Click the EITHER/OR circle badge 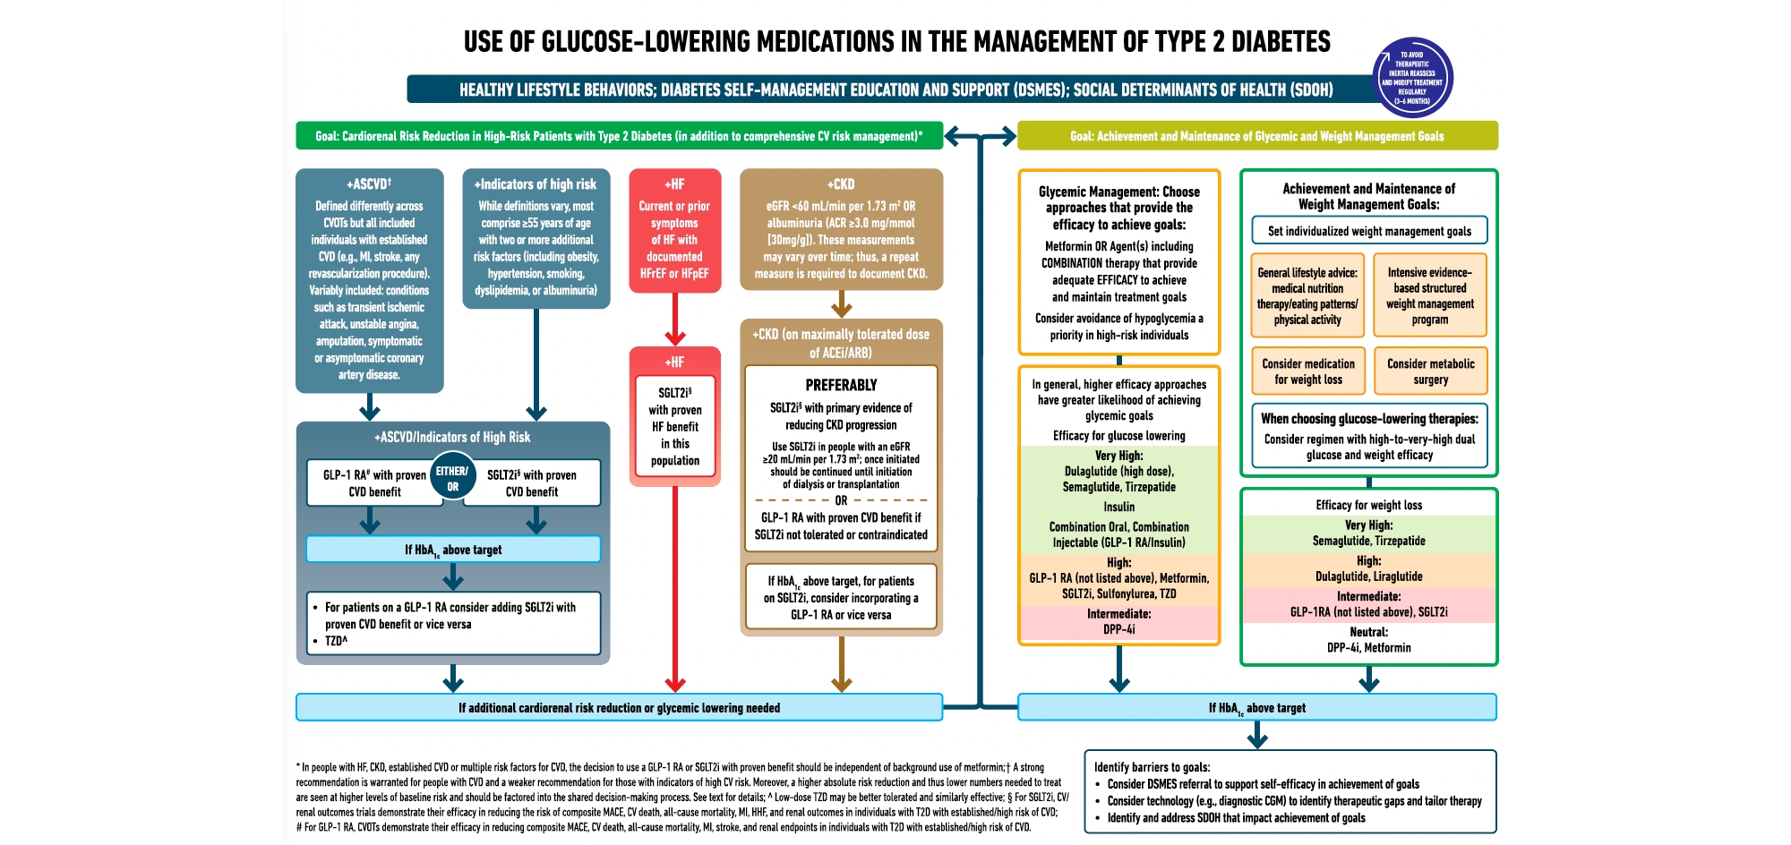452,478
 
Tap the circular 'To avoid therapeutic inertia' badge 1412,78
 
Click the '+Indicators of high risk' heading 536,184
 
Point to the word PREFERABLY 841,385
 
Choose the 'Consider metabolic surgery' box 1430,371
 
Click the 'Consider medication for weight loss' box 1308,371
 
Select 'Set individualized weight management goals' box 1369,231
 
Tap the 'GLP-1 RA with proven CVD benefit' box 374,483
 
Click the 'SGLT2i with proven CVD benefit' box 532,483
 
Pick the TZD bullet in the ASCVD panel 336,641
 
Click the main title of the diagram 896,41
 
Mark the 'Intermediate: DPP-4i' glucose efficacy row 1118,622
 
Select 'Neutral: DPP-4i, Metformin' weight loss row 1368,640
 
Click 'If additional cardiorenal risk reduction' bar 619,707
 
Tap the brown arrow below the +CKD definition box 841,305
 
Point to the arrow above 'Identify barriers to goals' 1257,736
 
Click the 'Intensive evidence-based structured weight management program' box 1430,296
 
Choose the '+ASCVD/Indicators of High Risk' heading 452,437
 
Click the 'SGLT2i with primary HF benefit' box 674,426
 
